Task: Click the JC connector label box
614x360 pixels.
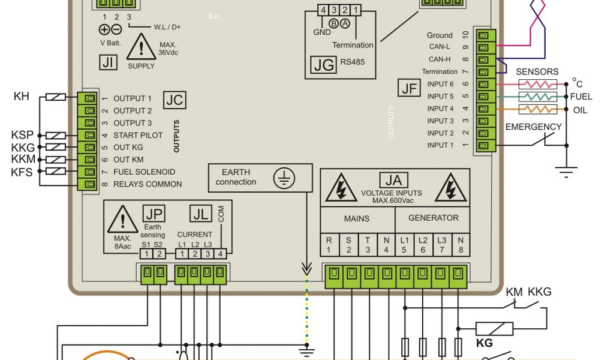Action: pyautogui.click(x=174, y=100)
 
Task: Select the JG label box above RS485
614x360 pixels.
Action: pyautogui.click(x=324, y=65)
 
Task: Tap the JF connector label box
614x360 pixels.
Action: pyautogui.click(x=410, y=89)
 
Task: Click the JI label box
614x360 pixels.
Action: pyautogui.click(x=109, y=62)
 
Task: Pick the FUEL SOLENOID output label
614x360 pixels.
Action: pyautogui.click(x=143, y=172)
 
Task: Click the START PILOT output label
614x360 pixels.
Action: pyautogui.click(x=138, y=136)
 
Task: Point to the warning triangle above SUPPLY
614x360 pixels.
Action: pyautogui.click(x=142, y=47)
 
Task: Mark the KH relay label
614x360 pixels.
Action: pyautogui.click(x=22, y=96)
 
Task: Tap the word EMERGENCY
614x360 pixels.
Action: pyautogui.click(x=534, y=127)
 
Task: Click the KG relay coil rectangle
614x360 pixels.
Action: pyautogui.click(x=494, y=328)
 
